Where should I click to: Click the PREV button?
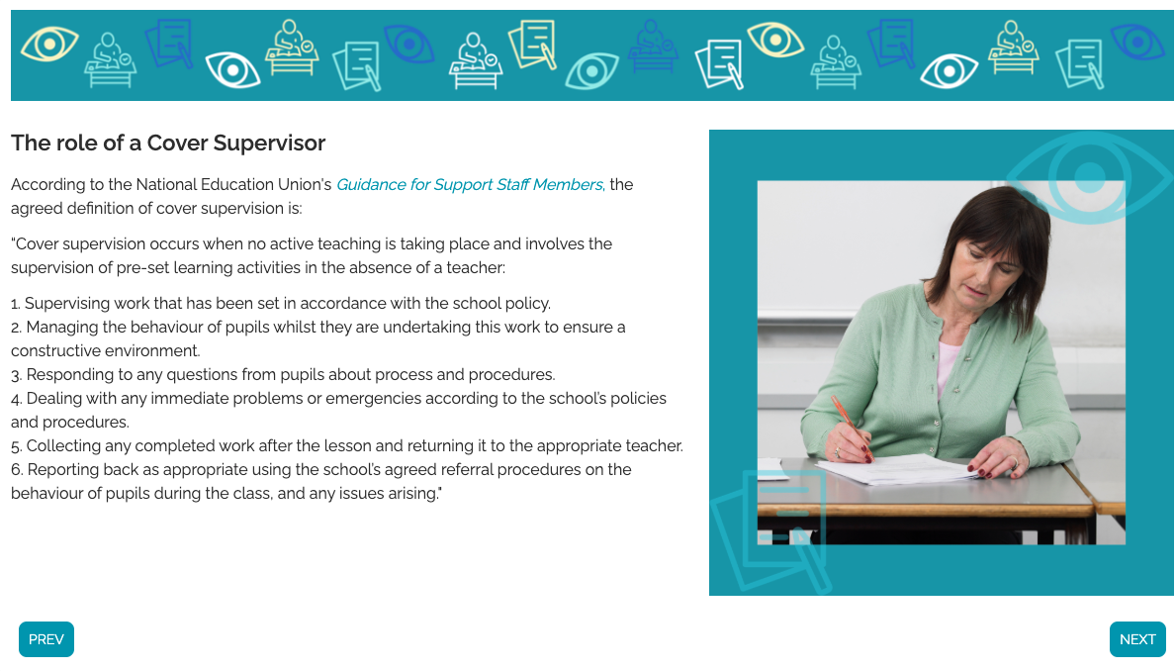(46, 639)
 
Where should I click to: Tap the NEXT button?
(1137, 639)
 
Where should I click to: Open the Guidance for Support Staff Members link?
(470, 185)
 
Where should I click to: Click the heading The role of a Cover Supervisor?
(168, 143)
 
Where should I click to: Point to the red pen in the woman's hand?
(851, 422)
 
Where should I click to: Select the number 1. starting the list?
(16, 303)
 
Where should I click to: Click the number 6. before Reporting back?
(17, 470)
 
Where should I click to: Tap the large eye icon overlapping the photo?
(1090, 177)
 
